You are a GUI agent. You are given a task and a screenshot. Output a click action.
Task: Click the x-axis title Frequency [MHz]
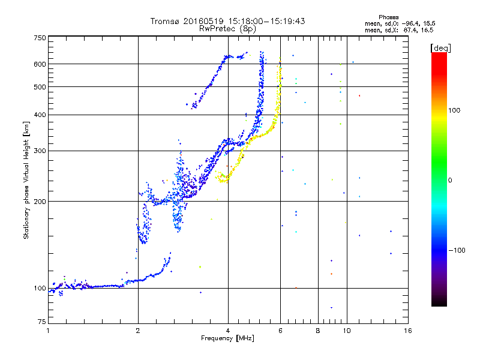click(x=227, y=339)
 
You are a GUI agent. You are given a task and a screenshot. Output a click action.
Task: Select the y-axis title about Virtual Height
click(x=26, y=181)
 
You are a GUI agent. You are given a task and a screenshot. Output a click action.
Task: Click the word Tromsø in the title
click(x=166, y=21)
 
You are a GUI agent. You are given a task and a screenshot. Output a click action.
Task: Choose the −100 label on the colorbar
click(x=458, y=250)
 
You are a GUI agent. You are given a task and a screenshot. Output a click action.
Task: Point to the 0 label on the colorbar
click(x=451, y=180)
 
